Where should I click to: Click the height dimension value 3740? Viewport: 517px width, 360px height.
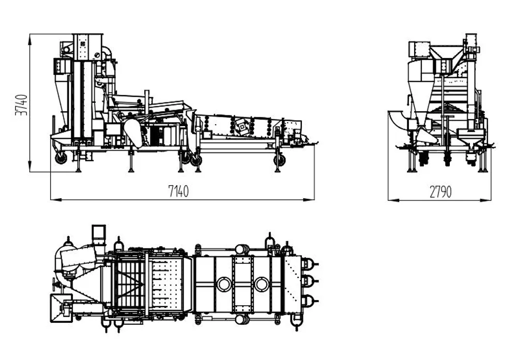(21, 105)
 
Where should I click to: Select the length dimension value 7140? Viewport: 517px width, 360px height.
(178, 191)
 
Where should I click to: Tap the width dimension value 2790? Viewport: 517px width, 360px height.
(440, 191)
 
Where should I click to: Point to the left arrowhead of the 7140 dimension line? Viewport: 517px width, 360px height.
(56, 200)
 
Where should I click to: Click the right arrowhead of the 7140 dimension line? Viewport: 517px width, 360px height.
(309, 200)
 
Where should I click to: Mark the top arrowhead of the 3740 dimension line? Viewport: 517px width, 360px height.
(29, 39)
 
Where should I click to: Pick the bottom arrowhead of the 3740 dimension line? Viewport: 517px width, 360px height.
(29, 167)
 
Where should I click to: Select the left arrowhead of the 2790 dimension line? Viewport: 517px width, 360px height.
(393, 200)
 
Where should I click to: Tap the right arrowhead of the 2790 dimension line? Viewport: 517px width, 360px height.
(485, 200)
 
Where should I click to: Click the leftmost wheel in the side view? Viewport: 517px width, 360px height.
(61, 158)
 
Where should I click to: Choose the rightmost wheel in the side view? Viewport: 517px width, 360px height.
(279, 160)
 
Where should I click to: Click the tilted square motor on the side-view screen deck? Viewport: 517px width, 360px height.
(242, 127)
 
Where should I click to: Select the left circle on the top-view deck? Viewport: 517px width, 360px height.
(224, 284)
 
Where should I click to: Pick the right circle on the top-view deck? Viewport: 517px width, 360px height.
(262, 284)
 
